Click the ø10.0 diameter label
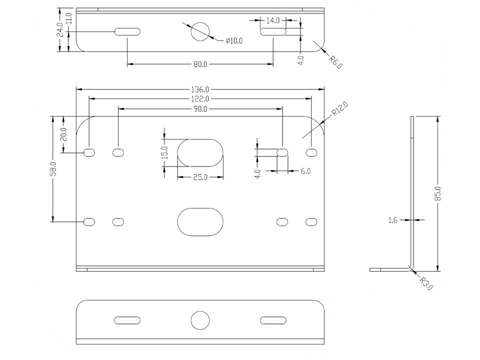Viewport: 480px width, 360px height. [234, 40]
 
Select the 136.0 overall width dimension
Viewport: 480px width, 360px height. [200, 89]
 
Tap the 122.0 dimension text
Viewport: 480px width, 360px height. [200, 99]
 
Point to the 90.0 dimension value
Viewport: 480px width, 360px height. [200, 109]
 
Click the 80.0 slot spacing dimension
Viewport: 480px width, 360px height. [200, 64]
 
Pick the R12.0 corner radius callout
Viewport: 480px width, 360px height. [340, 109]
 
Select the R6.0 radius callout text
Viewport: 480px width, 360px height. [335, 62]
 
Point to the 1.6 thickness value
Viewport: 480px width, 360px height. [393, 220]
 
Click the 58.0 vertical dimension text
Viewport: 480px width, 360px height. [53, 169]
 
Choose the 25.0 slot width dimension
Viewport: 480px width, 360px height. [200, 177]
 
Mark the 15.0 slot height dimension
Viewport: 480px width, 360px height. [164, 152]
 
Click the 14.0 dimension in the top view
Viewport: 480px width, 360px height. [273, 20]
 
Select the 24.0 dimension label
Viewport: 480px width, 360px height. [60, 29]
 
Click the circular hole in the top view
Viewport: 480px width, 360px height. [200, 31]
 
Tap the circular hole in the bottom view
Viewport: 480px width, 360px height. [200, 320]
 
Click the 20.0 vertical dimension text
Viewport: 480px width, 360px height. [63, 134]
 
